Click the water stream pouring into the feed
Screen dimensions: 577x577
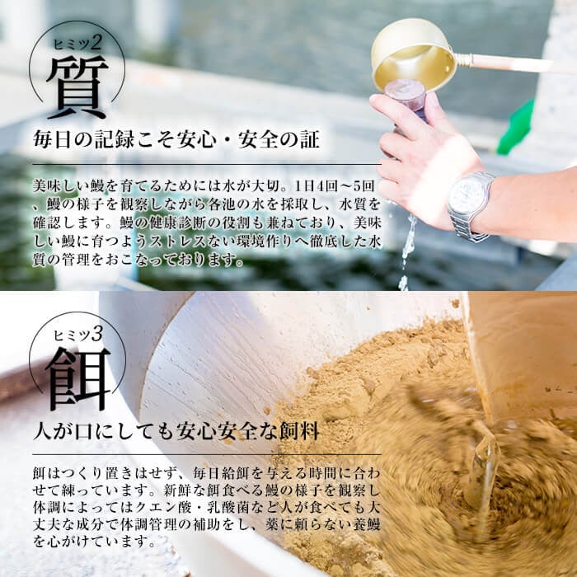coord(485,470)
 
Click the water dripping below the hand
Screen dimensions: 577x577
coord(407,247)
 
